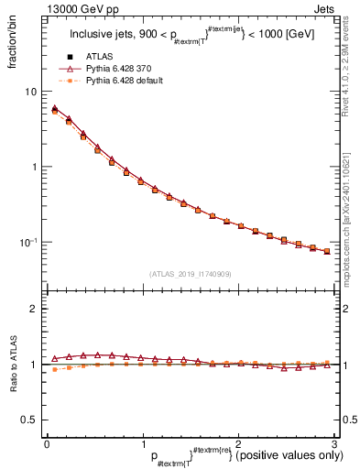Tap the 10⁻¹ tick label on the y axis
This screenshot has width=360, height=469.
pyautogui.click(x=27, y=242)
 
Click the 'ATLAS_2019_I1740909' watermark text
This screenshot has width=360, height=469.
pyautogui.click(x=190, y=274)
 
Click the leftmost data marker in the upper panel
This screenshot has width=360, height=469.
pyautogui.click(x=54, y=110)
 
